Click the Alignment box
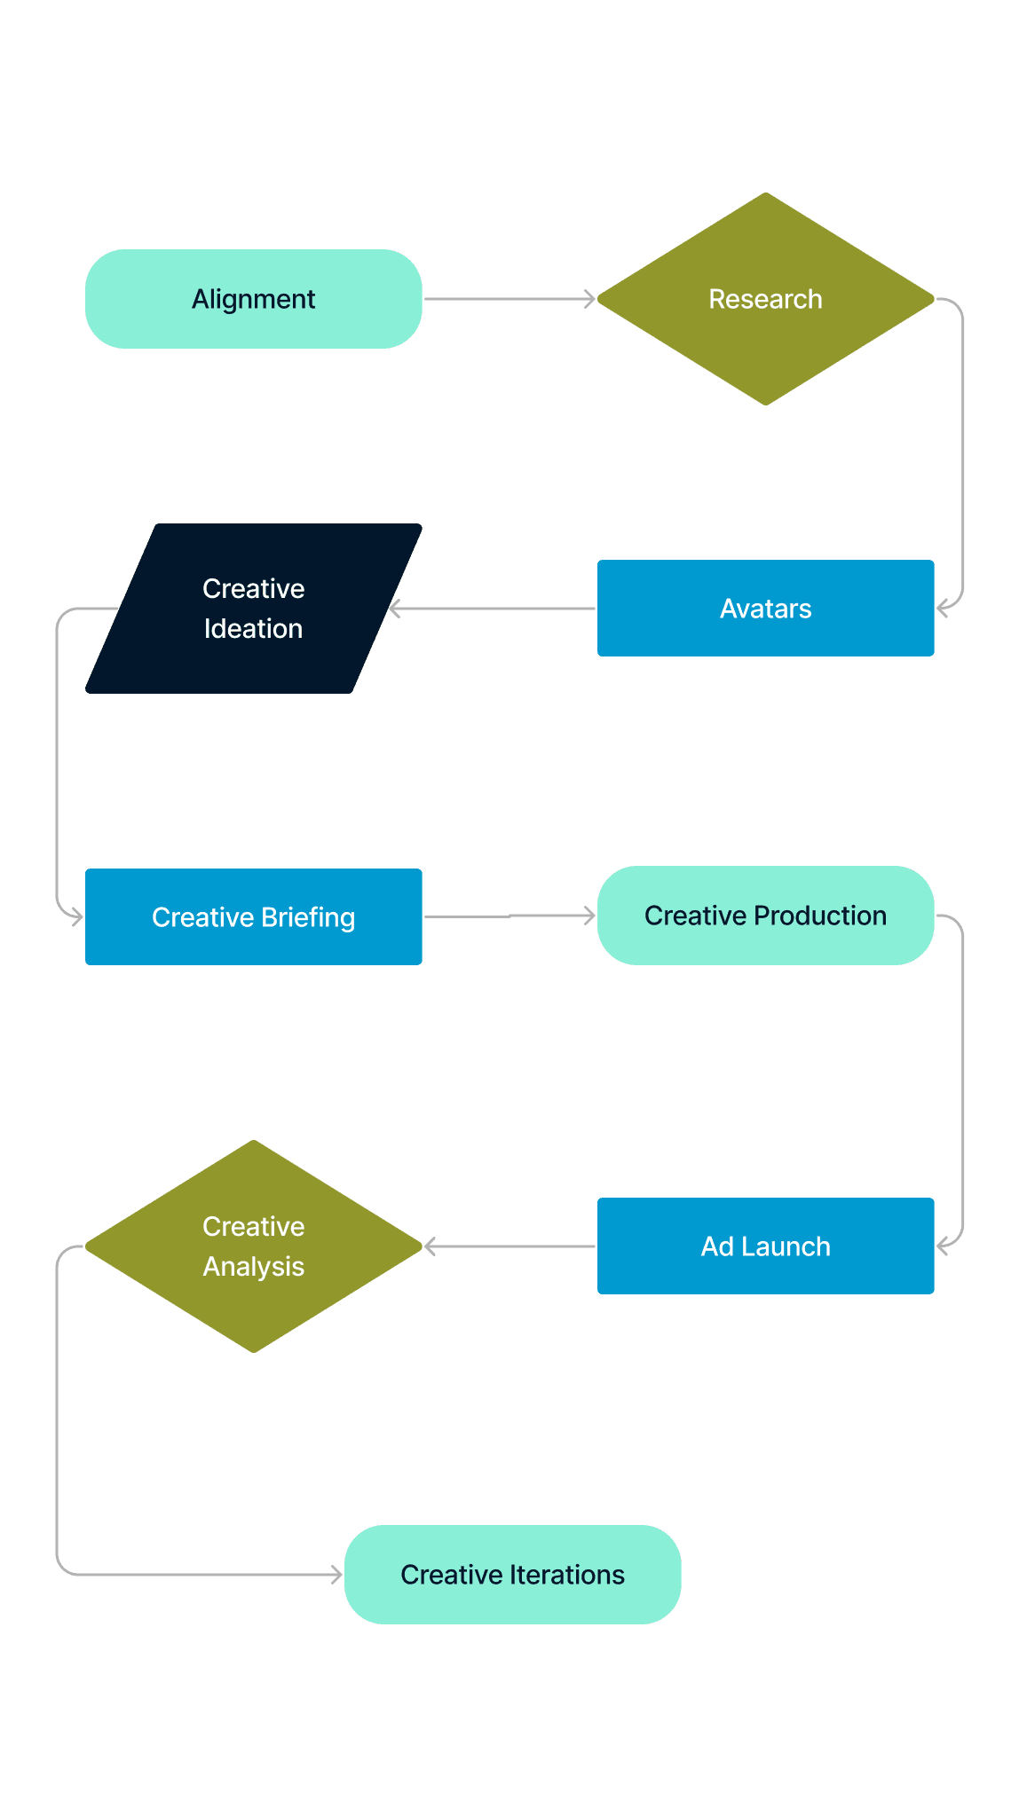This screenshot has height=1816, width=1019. (x=253, y=299)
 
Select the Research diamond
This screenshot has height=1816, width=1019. (x=765, y=299)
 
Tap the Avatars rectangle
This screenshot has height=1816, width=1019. (x=765, y=609)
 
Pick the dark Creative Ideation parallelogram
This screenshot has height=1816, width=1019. (x=253, y=609)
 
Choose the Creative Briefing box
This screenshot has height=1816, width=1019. (x=253, y=916)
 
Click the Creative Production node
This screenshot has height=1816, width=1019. (x=765, y=916)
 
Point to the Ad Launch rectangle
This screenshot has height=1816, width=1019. (x=765, y=1246)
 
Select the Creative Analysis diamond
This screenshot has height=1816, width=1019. (x=253, y=1246)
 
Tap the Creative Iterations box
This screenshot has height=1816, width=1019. (x=512, y=1575)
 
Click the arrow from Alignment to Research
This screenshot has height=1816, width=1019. (x=509, y=299)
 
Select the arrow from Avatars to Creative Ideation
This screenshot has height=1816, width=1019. (x=493, y=609)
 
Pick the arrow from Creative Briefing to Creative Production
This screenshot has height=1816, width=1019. (x=509, y=916)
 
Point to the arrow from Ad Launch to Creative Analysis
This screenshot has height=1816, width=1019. (x=510, y=1246)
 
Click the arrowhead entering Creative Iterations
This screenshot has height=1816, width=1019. (x=337, y=1575)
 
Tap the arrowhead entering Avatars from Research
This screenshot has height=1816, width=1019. (x=943, y=609)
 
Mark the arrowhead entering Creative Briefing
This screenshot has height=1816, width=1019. (x=77, y=916)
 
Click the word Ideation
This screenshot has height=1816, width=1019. (x=253, y=629)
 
